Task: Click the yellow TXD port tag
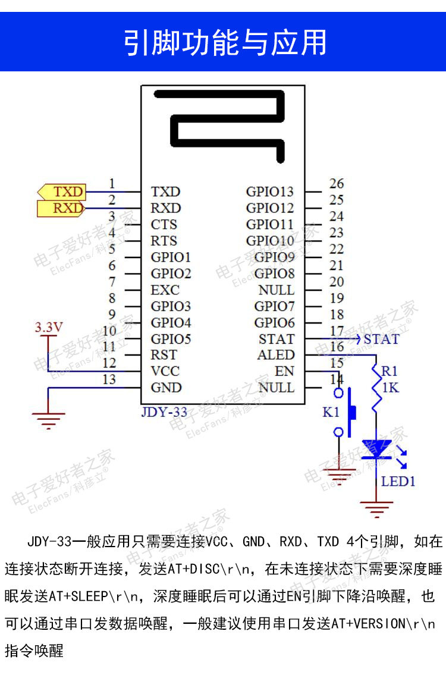click(x=62, y=192)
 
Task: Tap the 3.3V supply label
click(x=49, y=327)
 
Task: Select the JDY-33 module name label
click(x=164, y=412)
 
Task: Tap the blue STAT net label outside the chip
click(x=381, y=340)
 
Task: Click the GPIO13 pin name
click(x=270, y=192)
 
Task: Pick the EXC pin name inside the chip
click(x=165, y=290)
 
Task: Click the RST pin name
click(x=164, y=355)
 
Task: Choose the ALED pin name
click(x=276, y=355)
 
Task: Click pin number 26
click(x=337, y=184)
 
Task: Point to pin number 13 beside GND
click(x=109, y=379)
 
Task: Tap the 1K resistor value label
click(x=390, y=387)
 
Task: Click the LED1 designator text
click(x=398, y=481)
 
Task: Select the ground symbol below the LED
click(x=376, y=508)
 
